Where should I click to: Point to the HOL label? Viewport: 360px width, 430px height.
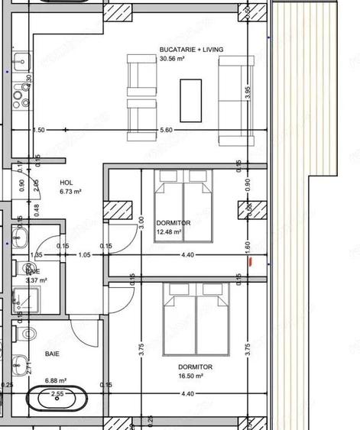[x=66, y=183]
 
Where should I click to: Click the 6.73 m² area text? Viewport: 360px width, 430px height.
[x=70, y=192]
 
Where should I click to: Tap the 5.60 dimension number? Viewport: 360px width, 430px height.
[x=167, y=131]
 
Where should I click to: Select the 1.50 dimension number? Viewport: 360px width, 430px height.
[x=39, y=131]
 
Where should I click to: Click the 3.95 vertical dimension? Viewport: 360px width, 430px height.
[x=247, y=91]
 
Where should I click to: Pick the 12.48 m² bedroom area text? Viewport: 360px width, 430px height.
[x=168, y=232]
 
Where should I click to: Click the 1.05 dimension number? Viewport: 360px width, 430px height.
[x=85, y=255]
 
